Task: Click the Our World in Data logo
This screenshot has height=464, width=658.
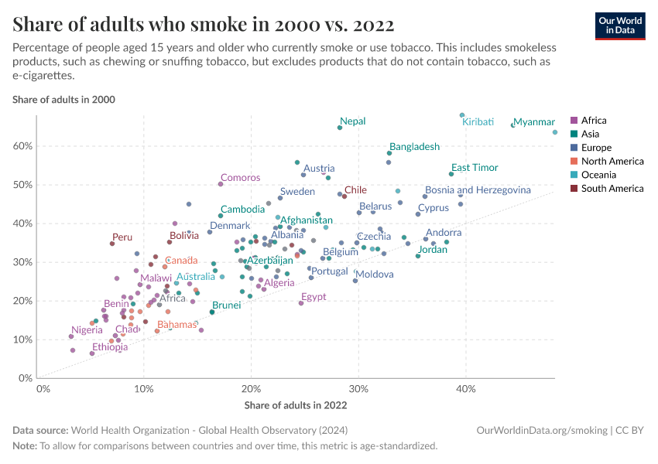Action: [619, 26]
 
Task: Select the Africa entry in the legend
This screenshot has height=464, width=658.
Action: [594, 120]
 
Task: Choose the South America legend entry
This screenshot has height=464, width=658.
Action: [612, 189]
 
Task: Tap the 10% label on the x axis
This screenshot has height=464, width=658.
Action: [144, 389]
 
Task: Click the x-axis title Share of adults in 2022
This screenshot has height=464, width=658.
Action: [296, 404]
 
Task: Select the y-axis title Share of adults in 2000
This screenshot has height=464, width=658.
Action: [64, 100]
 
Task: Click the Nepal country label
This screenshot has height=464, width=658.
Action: [353, 121]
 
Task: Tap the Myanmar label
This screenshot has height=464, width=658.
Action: [535, 122]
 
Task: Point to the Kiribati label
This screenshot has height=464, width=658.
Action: [478, 122]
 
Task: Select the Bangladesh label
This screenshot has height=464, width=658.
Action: [414, 146]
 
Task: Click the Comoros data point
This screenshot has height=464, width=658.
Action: [221, 184]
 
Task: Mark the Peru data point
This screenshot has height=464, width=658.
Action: [112, 244]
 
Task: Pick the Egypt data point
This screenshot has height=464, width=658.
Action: [301, 303]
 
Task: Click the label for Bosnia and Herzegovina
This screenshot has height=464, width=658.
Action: [478, 189]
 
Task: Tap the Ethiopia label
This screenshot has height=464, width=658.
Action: [110, 347]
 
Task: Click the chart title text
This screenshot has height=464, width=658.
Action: [204, 25]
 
